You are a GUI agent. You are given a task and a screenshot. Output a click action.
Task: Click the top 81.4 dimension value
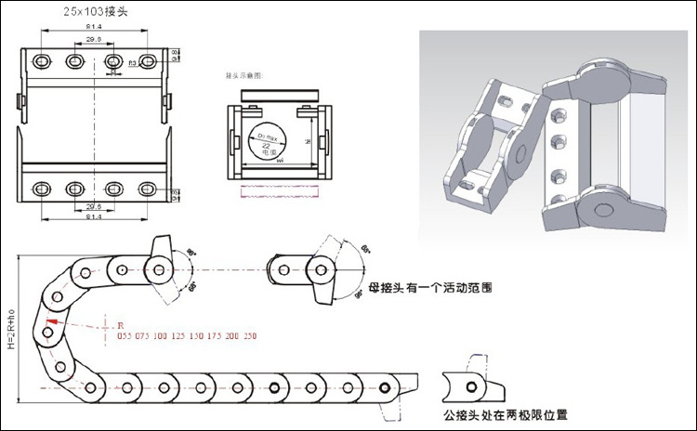[x=93, y=29]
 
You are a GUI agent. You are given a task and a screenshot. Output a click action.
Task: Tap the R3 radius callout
[x=132, y=63]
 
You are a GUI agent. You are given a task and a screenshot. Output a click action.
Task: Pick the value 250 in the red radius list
[x=250, y=335]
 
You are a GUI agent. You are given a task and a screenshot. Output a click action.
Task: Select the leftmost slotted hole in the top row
[x=41, y=61]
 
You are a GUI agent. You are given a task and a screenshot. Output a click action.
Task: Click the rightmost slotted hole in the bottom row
[x=146, y=189]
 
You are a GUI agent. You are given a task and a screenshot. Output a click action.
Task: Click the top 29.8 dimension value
[x=93, y=41]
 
